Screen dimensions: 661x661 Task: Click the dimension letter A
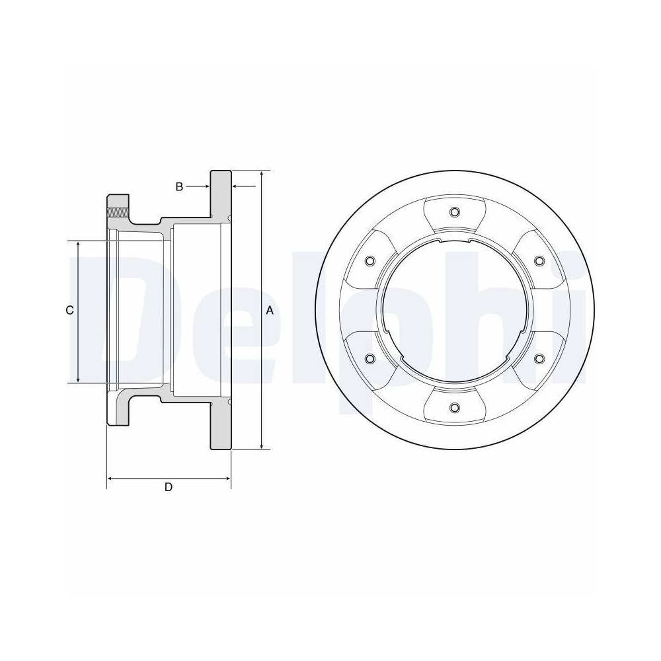pos(269,310)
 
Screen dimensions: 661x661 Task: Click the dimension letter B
pos(179,187)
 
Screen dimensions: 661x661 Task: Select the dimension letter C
pos(69,311)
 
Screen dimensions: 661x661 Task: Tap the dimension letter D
pos(169,487)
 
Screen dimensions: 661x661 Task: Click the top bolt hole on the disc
pos(453,212)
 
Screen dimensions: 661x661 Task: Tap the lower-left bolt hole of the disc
pos(369,358)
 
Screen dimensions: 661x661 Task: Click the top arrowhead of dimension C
pos(79,245)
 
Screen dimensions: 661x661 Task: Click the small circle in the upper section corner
pos(229,218)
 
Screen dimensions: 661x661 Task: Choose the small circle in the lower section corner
pos(229,402)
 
